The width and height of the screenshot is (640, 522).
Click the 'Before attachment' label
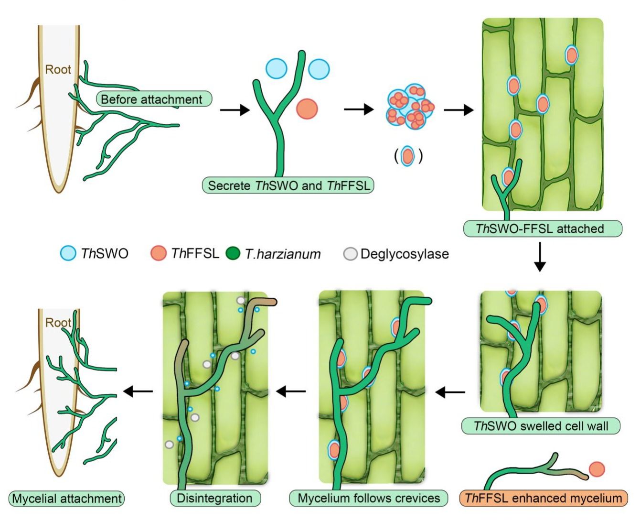(154, 99)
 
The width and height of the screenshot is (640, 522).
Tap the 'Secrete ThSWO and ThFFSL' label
(288, 185)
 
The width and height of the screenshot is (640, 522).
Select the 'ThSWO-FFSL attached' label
(543, 228)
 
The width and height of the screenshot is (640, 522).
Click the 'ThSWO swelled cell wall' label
(541, 426)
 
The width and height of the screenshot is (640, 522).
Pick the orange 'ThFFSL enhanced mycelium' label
(543, 498)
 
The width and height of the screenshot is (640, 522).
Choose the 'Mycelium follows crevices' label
(368, 498)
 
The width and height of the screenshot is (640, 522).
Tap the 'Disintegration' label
(215, 498)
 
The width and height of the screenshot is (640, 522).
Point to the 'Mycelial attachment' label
(66, 499)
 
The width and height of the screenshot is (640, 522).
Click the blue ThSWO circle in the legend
(68, 253)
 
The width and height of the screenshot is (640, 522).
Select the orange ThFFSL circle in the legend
(159, 253)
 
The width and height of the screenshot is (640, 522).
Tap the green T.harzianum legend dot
(233, 253)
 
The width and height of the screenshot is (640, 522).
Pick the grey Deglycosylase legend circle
(351, 254)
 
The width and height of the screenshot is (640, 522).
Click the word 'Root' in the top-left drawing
(58, 69)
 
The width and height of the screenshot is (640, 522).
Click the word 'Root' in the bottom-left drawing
(58, 323)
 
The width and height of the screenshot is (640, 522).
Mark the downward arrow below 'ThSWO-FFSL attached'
(540, 257)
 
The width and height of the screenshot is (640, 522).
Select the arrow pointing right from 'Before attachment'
(235, 110)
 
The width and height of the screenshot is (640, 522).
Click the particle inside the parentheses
(408, 156)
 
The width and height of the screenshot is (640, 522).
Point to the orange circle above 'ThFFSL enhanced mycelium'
(597, 469)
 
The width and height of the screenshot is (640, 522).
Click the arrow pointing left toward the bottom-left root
(138, 391)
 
